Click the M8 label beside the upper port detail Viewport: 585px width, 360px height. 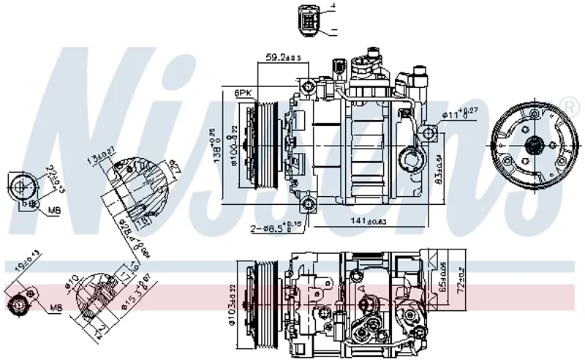[x=53, y=211]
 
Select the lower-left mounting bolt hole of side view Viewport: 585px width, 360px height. [x=308, y=203]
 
